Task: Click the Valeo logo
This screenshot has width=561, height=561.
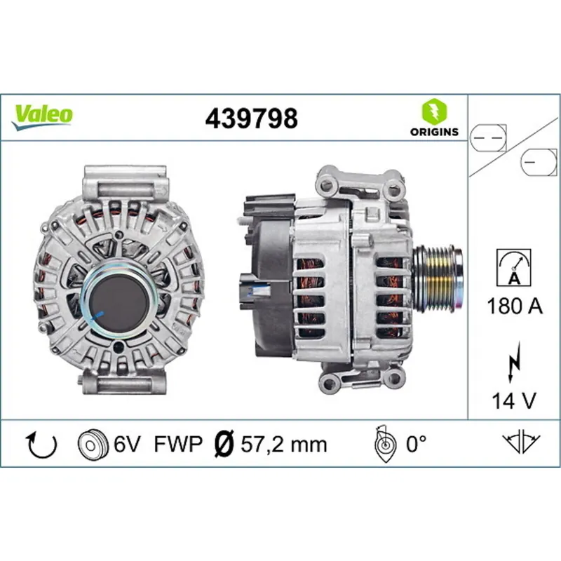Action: (43, 114)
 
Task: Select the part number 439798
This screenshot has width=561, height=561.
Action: (251, 119)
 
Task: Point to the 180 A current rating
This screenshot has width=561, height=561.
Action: (514, 306)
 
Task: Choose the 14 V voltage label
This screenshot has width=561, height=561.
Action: (514, 400)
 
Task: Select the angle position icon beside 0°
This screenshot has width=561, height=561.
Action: (384, 444)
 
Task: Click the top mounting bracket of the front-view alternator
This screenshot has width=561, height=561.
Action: (125, 184)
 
